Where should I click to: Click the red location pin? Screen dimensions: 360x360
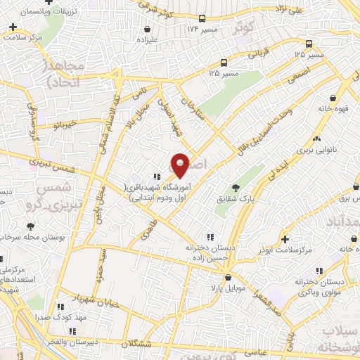[x=181, y=165]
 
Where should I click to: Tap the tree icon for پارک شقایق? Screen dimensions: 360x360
[x=236, y=188]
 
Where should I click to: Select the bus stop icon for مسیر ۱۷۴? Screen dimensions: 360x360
[x=202, y=19]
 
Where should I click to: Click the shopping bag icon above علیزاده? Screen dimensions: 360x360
[x=148, y=30]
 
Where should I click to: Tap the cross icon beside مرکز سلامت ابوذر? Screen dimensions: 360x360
[x=284, y=239]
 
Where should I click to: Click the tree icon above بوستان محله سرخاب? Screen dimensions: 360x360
[x=30, y=226]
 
